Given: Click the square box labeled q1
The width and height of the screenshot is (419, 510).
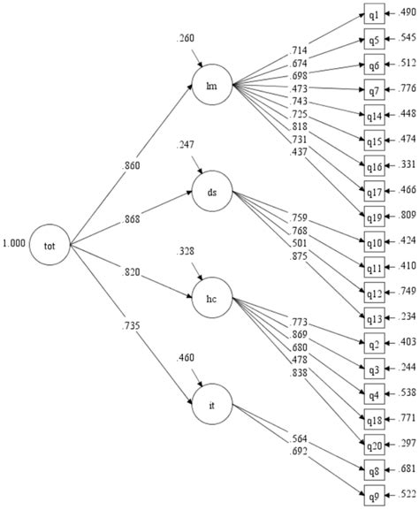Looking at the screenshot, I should click(x=375, y=15).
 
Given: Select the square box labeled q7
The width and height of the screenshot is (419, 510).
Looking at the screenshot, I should click(x=375, y=89).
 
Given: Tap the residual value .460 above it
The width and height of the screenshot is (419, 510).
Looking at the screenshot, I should click(x=187, y=358).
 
